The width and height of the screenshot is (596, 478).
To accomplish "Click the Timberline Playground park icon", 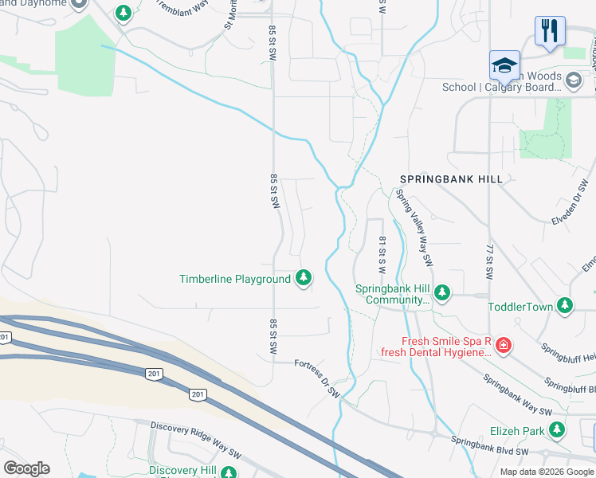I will tap(303, 278).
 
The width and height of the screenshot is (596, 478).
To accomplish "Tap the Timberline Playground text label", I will tap(234, 279).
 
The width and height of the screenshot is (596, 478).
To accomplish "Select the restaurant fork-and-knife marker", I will tap(550, 31).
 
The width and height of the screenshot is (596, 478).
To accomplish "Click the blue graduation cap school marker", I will tap(504, 65).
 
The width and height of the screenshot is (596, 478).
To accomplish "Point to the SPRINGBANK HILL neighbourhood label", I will tap(451, 179).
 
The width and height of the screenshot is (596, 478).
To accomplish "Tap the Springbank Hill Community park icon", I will tap(442, 292).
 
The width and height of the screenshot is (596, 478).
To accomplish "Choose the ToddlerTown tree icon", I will tap(565, 305).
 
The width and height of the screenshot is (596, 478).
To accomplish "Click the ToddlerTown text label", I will tap(520, 306).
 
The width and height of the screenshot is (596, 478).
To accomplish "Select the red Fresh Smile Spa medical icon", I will tap(503, 346).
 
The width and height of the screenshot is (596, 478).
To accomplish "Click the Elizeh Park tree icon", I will tap(557, 430).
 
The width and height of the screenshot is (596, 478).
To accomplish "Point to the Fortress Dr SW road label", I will tap(317, 377).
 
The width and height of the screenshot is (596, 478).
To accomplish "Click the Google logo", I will tap(26, 468).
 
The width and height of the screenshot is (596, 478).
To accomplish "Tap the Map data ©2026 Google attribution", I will tap(546, 472).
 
